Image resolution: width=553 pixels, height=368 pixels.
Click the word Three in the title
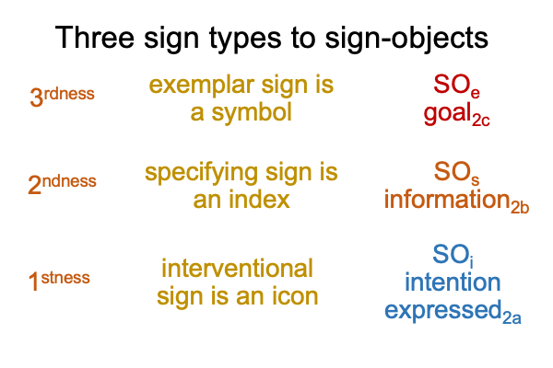coord(95,37)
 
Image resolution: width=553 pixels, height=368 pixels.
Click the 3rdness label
coord(62,96)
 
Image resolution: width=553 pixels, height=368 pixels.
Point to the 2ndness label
coord(62,183)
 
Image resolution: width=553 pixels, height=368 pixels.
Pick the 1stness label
coord(59,281)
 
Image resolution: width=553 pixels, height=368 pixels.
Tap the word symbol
coord(252,113)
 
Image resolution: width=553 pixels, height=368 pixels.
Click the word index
coord(259,200)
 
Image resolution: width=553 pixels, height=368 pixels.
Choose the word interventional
coord(237,269)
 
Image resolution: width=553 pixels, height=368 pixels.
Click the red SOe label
coord(456,86)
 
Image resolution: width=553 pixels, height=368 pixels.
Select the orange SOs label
coord(456,173)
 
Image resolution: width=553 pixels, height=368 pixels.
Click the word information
coord(447,199)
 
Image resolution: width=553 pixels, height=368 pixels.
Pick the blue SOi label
coord(453,255)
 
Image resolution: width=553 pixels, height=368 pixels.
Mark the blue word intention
coord(453,282)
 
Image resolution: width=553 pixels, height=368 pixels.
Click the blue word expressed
coord(443,311)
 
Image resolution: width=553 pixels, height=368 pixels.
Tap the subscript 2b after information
coord(520,207)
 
